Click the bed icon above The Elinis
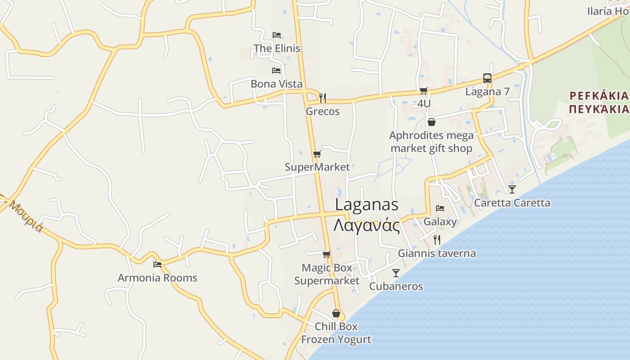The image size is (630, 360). click(277, 35)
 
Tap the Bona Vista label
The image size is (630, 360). click(276, 84)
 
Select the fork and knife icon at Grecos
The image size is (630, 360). click(322, 98)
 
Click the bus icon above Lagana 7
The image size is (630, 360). click(487, 78)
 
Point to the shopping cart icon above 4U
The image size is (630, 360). click(423, 91)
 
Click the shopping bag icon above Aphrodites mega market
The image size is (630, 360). click(431, 122)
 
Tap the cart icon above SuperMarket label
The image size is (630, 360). click(317, 154)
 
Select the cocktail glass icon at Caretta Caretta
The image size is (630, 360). click(512, 189)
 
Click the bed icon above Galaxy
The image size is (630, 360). click(440, 208)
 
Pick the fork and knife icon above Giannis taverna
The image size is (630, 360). click(436, 239)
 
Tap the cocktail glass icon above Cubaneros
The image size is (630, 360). click(396, 273)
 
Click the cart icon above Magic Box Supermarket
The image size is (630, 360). click(327, 254)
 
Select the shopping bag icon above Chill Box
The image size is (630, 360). click(336, 313)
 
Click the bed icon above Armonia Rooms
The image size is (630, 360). click(157, 265)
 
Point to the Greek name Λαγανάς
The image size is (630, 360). click(367, 225)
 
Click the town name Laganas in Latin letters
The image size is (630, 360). click(367, 205)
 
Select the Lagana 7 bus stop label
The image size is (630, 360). click(487, 92)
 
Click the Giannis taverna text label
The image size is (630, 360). click(436, 253)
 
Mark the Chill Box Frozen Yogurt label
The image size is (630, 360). click(336, 333)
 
